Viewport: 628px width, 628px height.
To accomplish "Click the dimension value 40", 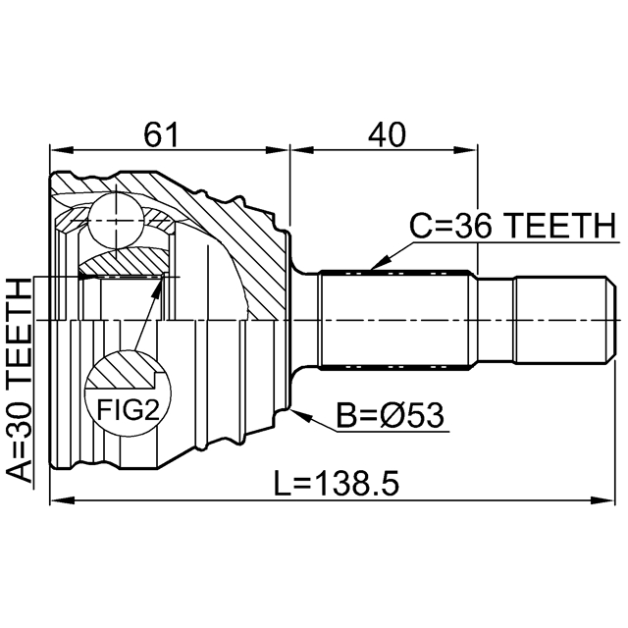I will [x=386, y=134].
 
